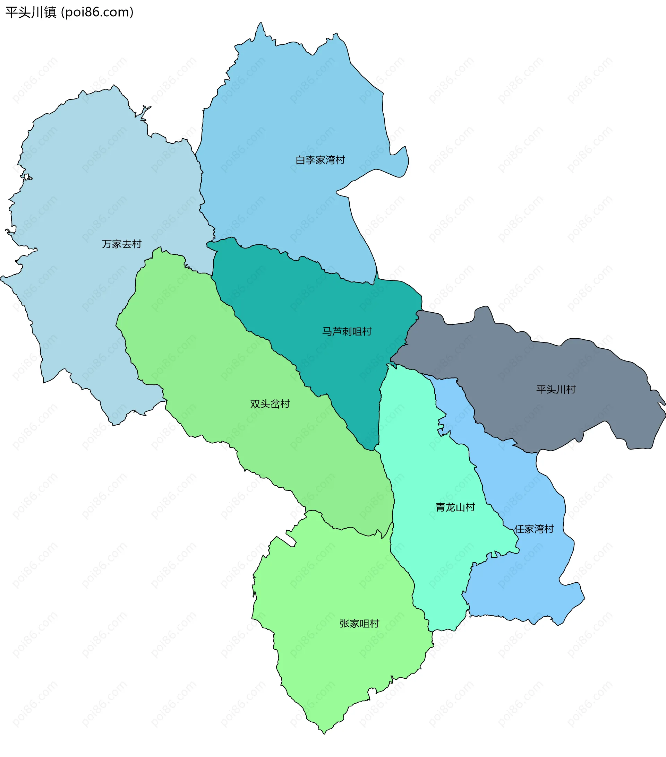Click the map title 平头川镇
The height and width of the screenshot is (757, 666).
click(x=31, y=12)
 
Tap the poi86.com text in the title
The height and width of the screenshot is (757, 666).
click(x=97, y=12)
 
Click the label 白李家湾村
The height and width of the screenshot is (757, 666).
click(x=320, y=160)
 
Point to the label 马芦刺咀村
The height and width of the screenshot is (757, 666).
click(x=347, y=331)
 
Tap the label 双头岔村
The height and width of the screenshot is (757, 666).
click(x=270, y=404)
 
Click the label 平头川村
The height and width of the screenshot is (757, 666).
click(x=556, y=390)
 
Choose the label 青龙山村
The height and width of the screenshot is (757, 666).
click(x=455, y=507)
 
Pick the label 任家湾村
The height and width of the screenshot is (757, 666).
click(x=534, y=529)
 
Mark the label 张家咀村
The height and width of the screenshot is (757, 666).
click(x=359, y=624)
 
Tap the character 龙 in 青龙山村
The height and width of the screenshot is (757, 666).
click(x=450, y=507)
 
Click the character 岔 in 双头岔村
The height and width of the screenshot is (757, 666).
click(x=275, y=404)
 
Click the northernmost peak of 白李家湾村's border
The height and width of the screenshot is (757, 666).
click(x=261, y=23)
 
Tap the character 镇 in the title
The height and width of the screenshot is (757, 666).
click(x=50, y=12)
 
